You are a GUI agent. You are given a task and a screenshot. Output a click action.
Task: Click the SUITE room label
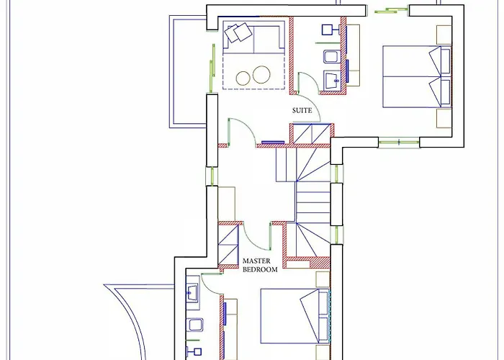[302, 110]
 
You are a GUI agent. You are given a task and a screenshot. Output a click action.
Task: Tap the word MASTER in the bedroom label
[256, 261]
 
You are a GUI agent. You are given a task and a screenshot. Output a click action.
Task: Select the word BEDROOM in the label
[260, 269]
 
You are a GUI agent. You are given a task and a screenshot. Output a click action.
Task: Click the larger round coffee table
[261, 75]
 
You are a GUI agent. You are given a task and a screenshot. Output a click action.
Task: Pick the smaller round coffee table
[243, 78]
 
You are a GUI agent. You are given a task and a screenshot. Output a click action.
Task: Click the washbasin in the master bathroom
[192, 293]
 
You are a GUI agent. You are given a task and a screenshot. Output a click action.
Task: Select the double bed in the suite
[417, 76]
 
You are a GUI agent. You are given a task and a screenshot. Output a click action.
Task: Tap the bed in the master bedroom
[295, 315]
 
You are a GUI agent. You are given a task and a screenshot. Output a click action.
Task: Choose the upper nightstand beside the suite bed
[444, 35]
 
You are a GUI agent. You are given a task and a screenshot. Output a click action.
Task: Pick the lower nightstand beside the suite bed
[444, 118]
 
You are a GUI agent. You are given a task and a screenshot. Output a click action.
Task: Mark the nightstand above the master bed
[323, 279]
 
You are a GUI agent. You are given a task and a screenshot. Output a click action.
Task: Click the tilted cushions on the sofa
[238, 32]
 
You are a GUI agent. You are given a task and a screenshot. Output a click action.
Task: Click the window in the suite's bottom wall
[399, 142]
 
